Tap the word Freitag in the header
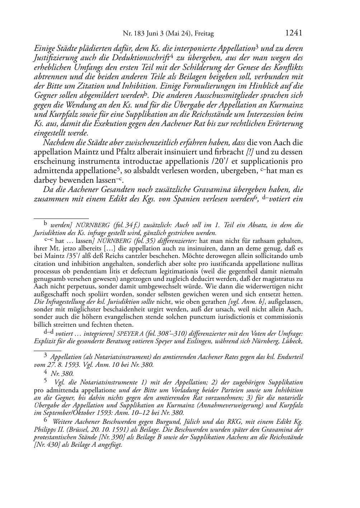[204, 34]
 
